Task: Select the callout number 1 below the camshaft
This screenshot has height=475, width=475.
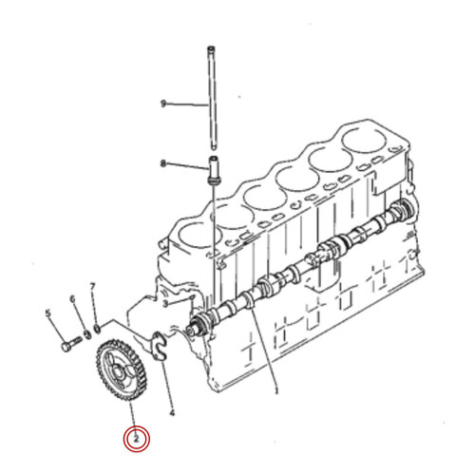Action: point(275,390)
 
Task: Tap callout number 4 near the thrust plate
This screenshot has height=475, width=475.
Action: point(171,412)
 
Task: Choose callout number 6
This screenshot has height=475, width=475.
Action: point(72,300)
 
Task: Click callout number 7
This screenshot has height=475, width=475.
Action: point(92,286)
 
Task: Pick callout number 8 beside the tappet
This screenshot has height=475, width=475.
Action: point(163,163)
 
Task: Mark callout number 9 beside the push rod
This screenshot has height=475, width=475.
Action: point(163,103)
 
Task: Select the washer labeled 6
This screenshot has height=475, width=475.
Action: point(87,333)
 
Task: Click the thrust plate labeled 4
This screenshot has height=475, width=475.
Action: point(160,343)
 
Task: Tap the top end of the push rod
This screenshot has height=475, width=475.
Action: point(210,47)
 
